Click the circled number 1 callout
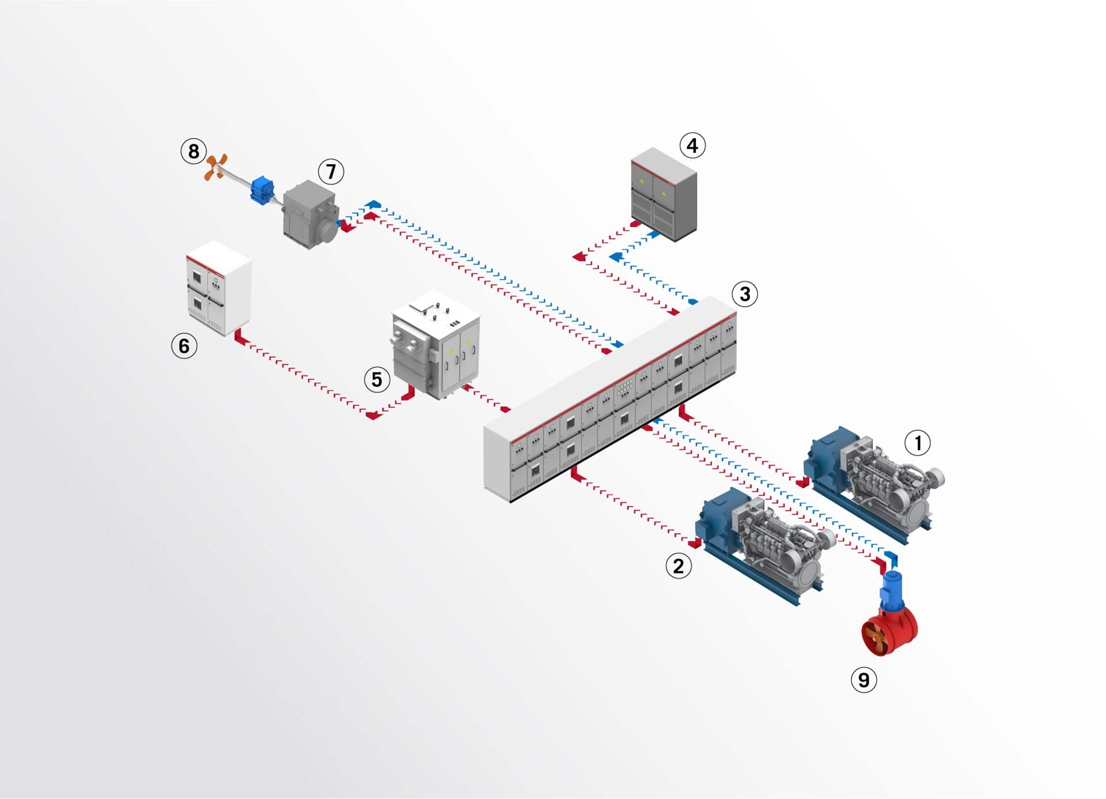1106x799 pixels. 918,443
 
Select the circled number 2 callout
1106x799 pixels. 679,566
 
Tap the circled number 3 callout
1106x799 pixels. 745,294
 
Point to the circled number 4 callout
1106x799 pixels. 692,145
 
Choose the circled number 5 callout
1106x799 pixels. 377,379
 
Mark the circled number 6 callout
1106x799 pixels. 184,346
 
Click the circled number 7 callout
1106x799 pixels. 331,171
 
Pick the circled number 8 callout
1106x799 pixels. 194,151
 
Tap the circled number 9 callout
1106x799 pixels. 863,680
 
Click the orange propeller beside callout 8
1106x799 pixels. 216,167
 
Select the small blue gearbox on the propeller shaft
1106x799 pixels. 263,190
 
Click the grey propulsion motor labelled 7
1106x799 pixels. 310,214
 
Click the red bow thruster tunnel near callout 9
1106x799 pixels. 890,631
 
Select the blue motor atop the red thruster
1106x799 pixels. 891,589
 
